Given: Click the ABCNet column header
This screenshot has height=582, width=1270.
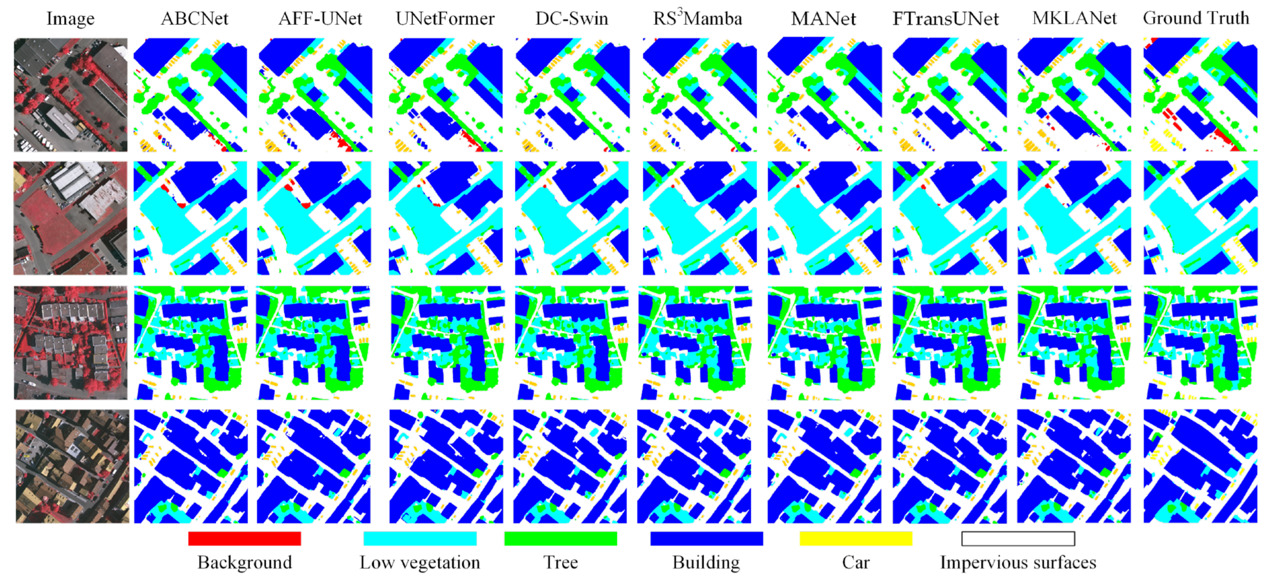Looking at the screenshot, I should click(195, 19).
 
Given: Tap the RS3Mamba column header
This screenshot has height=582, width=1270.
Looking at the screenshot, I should click(697, 19).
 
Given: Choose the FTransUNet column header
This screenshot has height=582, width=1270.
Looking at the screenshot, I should click(946, 19).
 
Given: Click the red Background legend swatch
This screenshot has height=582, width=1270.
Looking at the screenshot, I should click(244, 538).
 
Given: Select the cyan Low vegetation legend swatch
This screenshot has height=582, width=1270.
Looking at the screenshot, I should click(419, 538).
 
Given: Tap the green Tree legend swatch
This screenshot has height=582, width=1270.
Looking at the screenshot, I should click(560, 538).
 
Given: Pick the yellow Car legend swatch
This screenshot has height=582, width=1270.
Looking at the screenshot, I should click(855, 538).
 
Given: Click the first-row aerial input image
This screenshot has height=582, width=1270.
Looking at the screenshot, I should click(71, 95).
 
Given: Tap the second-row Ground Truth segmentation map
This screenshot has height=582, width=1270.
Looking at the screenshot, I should click(1200, 217).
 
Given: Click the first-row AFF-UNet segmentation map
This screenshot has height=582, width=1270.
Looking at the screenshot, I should click(315, 95).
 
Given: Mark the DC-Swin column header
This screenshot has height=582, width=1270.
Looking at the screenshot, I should click(572, 19).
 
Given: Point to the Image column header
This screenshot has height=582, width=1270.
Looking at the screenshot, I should click(71, 19).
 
